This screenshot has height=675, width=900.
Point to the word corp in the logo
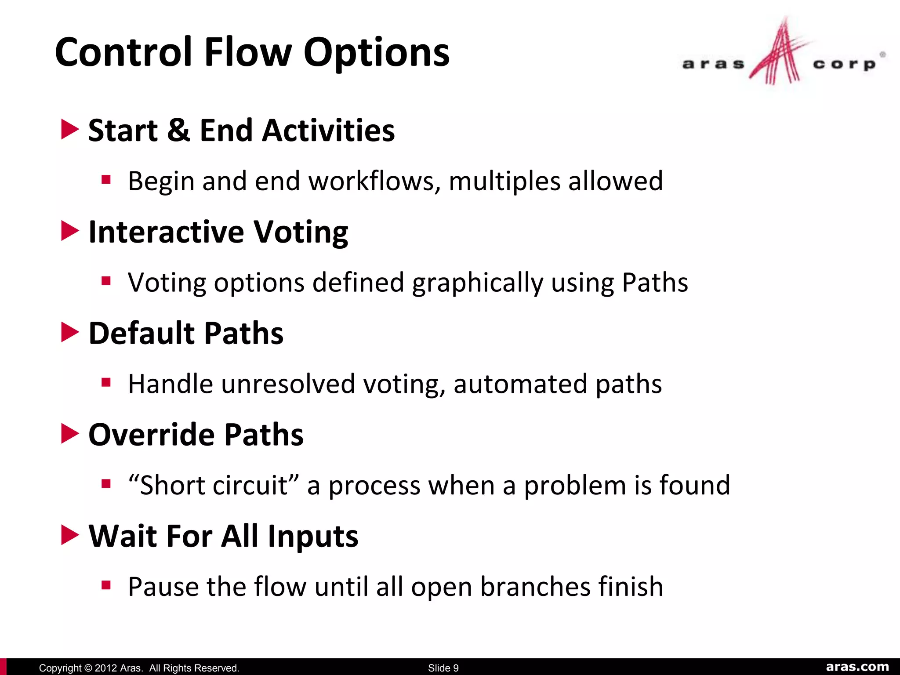(844, 64)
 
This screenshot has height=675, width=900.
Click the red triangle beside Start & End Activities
(69, 130)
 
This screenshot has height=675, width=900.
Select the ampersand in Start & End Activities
(178, 131)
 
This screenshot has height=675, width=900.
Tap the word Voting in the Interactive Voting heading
(301, 232)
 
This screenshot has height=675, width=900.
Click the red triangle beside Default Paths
(69, 332)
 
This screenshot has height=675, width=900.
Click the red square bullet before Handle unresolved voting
(106, 382)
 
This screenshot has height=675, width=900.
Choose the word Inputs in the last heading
(313, 537)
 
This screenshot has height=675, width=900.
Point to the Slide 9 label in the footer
(443, 668)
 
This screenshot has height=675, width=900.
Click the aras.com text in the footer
(857, 667)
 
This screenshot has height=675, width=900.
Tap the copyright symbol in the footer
(87, 668)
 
